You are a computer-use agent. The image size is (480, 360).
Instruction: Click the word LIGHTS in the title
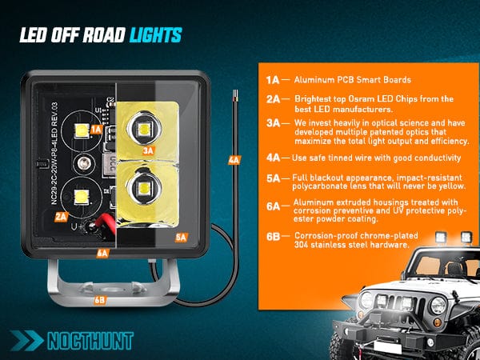click(x=156, y=35)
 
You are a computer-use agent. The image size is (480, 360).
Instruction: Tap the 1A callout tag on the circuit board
click(x=96, y=130)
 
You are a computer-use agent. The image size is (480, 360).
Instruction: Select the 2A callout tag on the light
click(x=62, y=217)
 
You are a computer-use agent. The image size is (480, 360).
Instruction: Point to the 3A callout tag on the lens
click(x=148, y=150)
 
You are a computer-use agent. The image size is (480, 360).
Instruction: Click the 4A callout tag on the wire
click(x=234, y=160)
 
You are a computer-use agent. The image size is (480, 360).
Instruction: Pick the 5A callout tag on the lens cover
click(x=182, y=238)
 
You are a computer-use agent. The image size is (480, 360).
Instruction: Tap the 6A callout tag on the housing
click(x=103, y=253)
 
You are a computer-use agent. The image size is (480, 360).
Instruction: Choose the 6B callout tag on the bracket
click(x=100, y=300)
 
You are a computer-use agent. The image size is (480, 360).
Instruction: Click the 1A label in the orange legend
click(x=273, y=80)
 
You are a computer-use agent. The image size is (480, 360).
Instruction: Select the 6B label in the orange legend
click(x=273, y=237)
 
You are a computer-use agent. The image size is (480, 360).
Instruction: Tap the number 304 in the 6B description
click(x=301, y=245)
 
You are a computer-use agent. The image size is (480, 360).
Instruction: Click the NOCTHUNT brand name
click(x=90, y=341)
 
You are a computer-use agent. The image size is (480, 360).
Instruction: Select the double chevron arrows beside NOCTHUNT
click(x=26, y=341)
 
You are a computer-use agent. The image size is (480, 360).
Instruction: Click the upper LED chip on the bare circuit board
click(x=82, y=131)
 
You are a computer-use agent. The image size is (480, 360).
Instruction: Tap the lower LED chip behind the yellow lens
click(x=143, y=188)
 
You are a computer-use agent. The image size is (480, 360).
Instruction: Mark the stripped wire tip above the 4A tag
click(x=235, y=96)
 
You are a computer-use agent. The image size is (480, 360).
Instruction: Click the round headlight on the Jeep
click(x=438, y=306)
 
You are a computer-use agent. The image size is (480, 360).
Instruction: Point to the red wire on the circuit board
click(x=106, y=225)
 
